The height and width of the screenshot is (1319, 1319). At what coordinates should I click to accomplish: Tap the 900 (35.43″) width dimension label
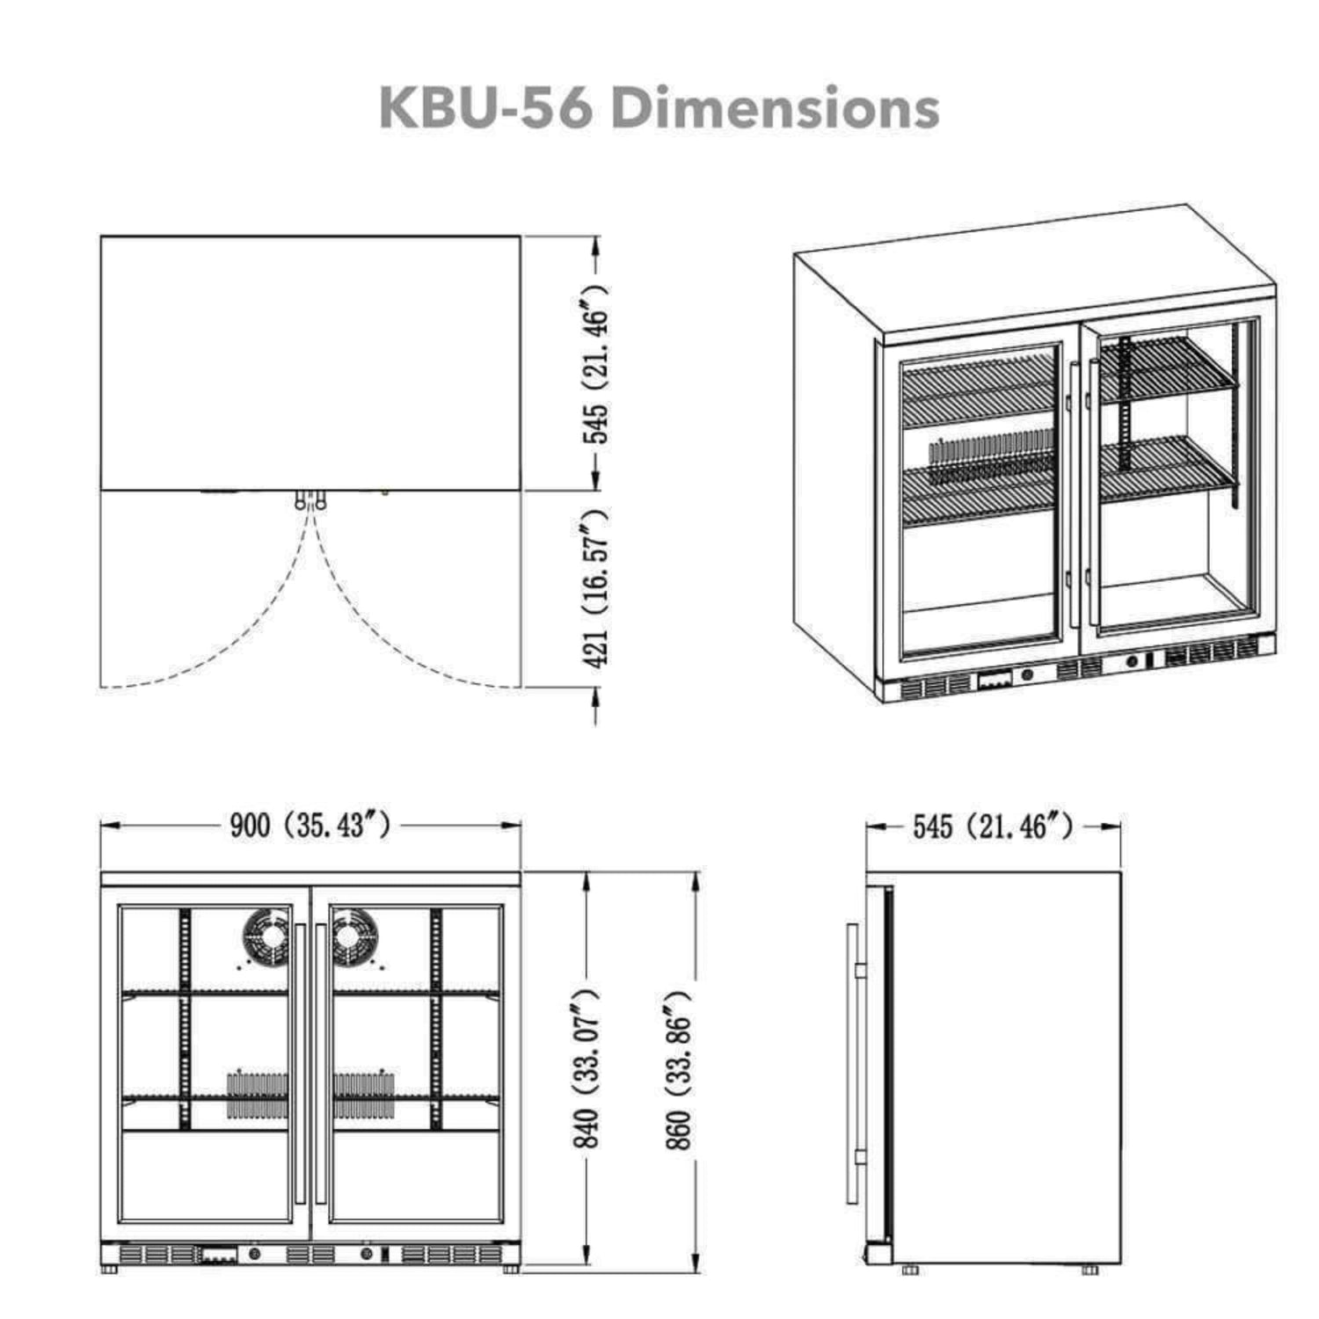pos(310,826)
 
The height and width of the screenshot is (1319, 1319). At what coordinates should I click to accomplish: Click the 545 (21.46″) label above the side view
pos(993,827)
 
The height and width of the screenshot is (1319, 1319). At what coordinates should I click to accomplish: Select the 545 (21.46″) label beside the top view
pos(596,363)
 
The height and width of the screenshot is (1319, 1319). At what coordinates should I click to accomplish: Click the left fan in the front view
pos(265,936)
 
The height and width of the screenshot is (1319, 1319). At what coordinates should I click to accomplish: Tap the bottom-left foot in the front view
pos(110,1270)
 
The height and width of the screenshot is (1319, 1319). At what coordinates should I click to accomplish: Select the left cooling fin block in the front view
pos(258,1095)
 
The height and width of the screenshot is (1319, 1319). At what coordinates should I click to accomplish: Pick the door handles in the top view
pos(310,500)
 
